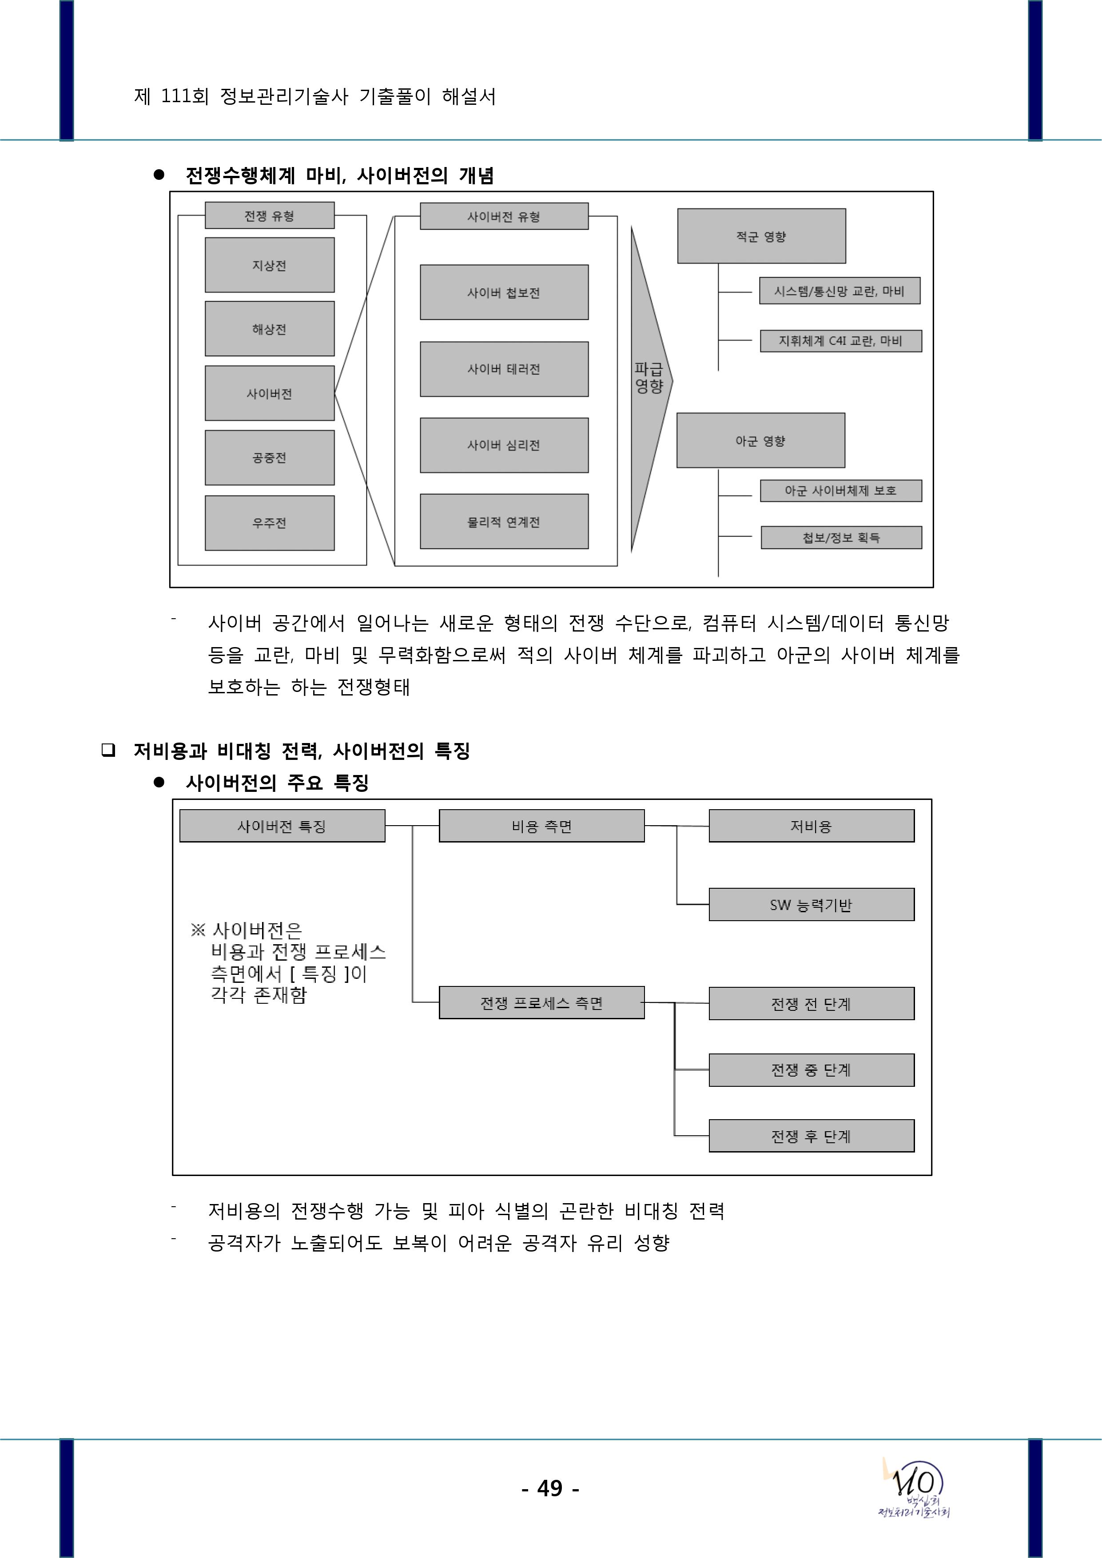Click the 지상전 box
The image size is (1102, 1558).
(x=270, y=265)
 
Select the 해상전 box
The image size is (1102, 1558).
(x=270, y=329)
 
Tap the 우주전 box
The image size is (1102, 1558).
(x=270, y=522)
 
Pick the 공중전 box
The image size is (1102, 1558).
(x=270, y=457)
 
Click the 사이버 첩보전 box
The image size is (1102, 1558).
(x=504, y=293)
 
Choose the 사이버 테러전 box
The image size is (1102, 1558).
(x=504, y=369)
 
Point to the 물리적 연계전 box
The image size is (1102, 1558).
(x=504, y=522)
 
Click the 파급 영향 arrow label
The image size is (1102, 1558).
(x=648, y=378)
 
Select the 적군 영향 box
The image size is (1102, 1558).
(x=761, y=236)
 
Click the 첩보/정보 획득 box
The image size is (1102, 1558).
(x=841, y=537)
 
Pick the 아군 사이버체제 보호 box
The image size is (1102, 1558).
(x=841, y=491)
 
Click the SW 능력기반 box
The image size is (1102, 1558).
(x=812, y=905)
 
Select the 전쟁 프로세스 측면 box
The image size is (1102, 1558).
(x=541, y=1003)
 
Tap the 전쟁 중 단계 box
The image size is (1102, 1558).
(x=812, y=1069)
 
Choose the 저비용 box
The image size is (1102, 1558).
(x=812, y=826)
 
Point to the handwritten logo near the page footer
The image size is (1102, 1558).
(x=916, y=1487)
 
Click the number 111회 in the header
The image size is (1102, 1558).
(x=185, y=96)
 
